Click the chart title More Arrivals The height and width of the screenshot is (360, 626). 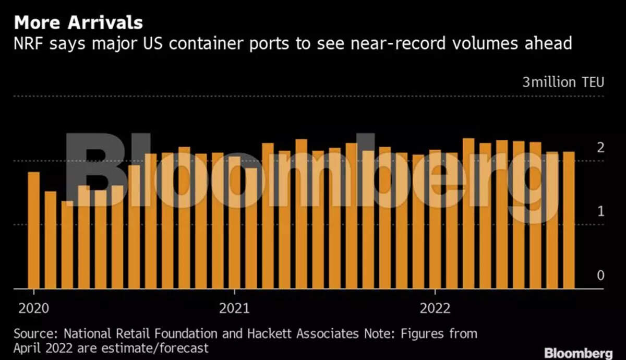(78, 23)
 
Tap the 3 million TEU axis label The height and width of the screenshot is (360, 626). (563, 82)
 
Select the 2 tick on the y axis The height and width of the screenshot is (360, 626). (600, 148)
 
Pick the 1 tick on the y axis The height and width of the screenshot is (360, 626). (600, 212)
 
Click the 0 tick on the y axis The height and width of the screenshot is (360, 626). (600, 275)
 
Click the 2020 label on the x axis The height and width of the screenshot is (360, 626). (33, 308)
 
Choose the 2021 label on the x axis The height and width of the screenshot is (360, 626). (235, 308)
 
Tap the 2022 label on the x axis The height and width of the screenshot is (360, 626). (436, 308)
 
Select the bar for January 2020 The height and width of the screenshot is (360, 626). (34, 230)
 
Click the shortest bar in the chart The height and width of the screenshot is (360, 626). (67, 244)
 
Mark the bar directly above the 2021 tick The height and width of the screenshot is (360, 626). (235, 222)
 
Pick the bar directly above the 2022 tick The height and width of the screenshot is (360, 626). (436, 219)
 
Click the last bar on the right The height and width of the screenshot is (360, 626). (569, 220)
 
